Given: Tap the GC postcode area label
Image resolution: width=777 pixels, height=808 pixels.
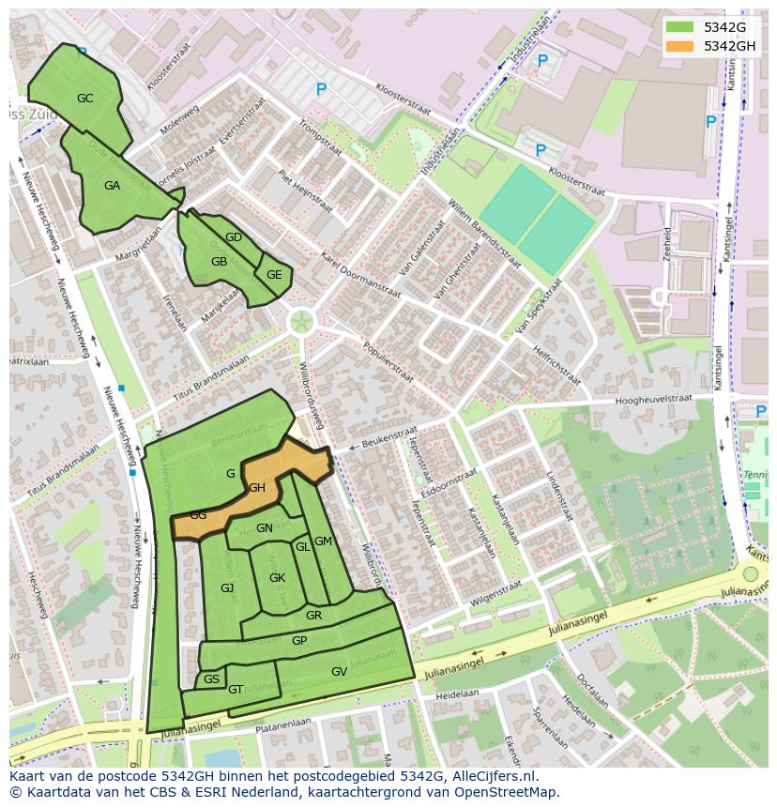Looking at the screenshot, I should tap(84, 99).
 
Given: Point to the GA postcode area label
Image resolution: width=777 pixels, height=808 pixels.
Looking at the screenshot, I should tap(112, 186).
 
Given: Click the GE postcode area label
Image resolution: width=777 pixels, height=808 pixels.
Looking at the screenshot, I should tap(274, 275).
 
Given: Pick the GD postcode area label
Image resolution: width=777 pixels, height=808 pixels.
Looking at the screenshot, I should tap(234, 237).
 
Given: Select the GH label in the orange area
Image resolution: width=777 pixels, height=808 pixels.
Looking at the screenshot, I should tap(257, 488).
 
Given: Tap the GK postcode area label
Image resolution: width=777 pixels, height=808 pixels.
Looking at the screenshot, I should tap(277, 578).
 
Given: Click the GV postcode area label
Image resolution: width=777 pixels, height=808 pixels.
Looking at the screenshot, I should tap(339, 672).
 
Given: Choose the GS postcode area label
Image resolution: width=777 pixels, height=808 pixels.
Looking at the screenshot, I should tap(211, 679).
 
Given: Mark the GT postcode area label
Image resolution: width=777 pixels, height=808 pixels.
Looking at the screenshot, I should tap(236, 690).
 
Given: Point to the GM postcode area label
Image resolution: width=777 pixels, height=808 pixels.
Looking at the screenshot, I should tap(323, 541).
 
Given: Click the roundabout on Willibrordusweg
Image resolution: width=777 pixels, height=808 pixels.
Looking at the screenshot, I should tap(301, 323).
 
